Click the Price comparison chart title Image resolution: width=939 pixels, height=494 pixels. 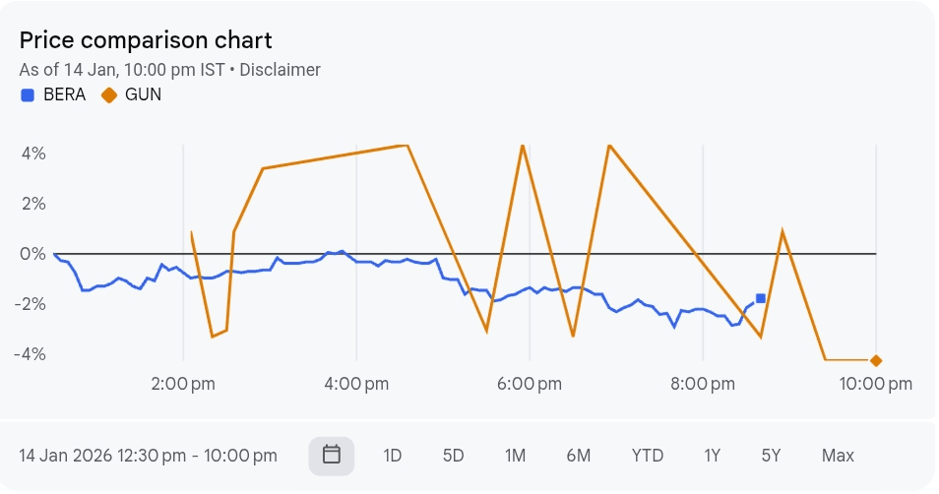pyautogui.click(x=146, y=40)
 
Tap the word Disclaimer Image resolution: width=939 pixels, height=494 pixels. pyautogui.click(x=280, y=70)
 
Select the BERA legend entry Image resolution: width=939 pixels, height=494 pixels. pyautogui.click(x=54, y=95)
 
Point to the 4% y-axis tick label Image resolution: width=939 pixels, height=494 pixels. pyautogui.click(x=33, y=154)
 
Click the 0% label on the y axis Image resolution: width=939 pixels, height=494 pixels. pyautogui.click(x=33, y=254)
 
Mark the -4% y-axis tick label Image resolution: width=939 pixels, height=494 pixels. pyautogui.click(x=31, y=354)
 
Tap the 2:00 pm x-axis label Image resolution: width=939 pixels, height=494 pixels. pyautogui.click(x=183, y=384)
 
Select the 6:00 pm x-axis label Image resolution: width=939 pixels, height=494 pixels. pyautogui.click(x=530, y=384)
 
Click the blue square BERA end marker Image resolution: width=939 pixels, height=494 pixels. pyautogui.click(x=761, y=298)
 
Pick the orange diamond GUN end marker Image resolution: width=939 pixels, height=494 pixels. pyautogui.click(x=876, y=361)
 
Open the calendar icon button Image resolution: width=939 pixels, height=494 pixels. pyautogui.click(x=332, y=456)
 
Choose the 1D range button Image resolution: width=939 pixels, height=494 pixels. pyautogui.click(x=393, y=456)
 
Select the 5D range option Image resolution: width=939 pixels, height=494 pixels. pyautogui.click(x=453, y=456)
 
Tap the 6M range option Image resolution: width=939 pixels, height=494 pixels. pyautogui.click(x=579, y=456)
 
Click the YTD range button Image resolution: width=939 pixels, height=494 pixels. pyautogui.click(x=647, y=456)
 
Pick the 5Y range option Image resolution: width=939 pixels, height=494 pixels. pyautogui.click(x=771, y=456)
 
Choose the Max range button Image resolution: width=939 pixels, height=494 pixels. pyautogui.click(x=838, y=456)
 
